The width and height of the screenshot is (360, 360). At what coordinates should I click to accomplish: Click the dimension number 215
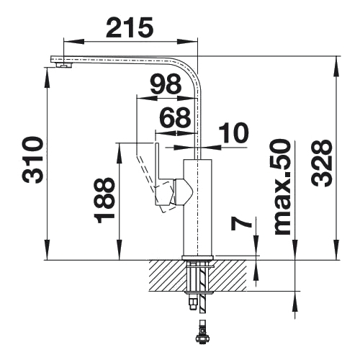[129, 27]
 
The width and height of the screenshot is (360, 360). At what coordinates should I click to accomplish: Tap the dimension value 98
[166, 84]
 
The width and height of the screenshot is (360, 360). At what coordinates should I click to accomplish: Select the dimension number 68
[176, 117]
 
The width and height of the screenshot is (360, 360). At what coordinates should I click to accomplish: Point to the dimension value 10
[233, 132]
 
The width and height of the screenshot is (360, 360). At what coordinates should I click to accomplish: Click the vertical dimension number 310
[32, 160]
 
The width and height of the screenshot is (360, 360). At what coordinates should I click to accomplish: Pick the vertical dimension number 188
[104, 201]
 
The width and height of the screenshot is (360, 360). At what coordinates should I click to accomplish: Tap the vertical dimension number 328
[322, 163]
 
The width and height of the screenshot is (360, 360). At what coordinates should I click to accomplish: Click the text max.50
[282, 187]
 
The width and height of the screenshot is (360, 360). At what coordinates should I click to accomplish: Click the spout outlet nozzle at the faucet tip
[63, 65]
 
